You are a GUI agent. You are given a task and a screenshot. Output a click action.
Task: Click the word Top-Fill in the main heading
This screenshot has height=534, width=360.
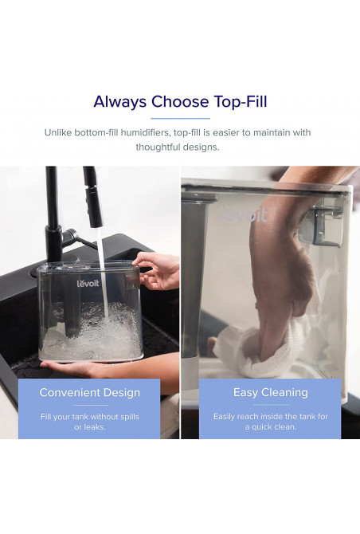(x=241, y=101)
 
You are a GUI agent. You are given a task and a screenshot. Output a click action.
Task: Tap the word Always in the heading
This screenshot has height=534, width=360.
(x=120, y=101)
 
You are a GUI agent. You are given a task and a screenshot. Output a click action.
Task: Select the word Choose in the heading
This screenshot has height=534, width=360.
(x=180, y=101)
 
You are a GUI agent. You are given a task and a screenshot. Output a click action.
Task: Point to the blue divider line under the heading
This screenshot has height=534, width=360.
(x=180, y=119)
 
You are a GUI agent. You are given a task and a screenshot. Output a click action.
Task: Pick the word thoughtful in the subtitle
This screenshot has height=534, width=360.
(x=158, y=147)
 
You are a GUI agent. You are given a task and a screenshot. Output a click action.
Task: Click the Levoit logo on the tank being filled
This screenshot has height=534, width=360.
(x=88, y=284)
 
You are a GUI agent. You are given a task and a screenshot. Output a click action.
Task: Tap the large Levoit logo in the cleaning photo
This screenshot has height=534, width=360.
(x=243, y=214)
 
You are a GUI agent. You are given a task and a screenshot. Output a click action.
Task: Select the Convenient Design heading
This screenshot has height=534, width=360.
(x=89, y=392)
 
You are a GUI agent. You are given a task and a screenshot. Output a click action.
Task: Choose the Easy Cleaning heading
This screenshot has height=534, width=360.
(x=271, y=392)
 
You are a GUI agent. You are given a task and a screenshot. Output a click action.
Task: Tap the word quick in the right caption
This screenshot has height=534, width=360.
(x=262, y=426)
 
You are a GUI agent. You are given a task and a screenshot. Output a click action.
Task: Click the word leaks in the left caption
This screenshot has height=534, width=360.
(x=95, y=427)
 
